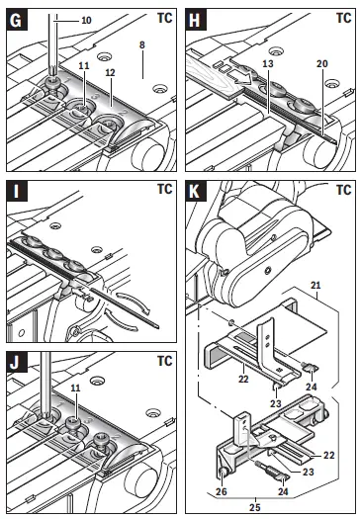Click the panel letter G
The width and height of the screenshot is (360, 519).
[16, 20]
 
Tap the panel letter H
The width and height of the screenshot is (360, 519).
[195, 20]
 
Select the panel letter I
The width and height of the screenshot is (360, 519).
[16, 191]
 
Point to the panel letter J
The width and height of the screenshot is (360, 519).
[15, 363]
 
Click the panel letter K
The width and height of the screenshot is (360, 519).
[195, 191]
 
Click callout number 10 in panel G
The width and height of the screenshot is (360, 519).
[86, 20]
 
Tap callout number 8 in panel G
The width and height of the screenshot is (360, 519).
[142, 44]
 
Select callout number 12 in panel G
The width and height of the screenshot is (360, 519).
[111, 72]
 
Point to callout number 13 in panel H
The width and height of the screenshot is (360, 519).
[268, 63]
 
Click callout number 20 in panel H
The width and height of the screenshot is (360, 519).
[321, 63]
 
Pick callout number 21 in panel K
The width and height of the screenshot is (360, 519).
[315, 285]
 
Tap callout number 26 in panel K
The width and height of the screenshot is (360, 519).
[222, 491]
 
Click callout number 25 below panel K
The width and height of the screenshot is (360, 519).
[255, 507]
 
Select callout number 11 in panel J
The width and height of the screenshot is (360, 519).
[76, 388]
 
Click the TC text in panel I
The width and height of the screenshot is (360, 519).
[165, 190]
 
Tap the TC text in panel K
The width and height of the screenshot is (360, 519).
[344, 190]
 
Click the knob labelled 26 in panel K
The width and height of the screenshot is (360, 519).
[224, 473]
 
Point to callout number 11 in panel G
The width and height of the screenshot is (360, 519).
[84, 65]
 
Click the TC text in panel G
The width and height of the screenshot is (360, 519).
[165, 18]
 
